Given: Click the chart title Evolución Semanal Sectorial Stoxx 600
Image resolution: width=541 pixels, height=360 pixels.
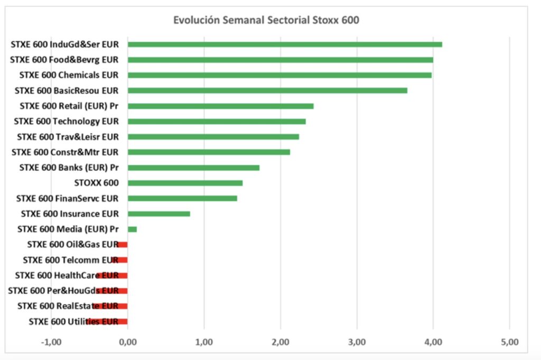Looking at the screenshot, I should tap(266, 20).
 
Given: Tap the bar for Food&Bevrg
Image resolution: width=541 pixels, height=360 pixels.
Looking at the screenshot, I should tap(280, 60).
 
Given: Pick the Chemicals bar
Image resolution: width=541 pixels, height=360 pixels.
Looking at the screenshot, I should tap(279, 75).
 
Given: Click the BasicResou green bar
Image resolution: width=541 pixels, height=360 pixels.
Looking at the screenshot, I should tap(267, 90).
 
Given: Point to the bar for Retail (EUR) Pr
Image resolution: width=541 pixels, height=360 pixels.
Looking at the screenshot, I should tap(220, 106).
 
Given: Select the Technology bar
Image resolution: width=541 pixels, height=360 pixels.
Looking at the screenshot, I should tap(217, 121).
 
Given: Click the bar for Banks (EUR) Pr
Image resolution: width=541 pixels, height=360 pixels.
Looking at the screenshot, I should tap(193, 168).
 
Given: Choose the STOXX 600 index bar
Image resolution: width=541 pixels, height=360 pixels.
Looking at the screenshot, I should tap(185, 183).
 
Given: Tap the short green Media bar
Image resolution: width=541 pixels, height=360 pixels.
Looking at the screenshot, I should tap(132, 229).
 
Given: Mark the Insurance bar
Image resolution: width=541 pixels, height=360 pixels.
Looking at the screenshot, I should tap(158, 214).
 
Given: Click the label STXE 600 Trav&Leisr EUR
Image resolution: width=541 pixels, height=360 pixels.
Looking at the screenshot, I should tap(68, 136).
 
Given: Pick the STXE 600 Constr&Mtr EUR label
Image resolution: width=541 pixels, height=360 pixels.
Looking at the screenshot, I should tap(65, 152).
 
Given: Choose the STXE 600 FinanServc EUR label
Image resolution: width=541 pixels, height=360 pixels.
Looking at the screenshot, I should tap(67, 198).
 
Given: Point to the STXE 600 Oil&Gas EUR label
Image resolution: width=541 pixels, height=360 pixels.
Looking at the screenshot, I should tap(72, 244).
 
